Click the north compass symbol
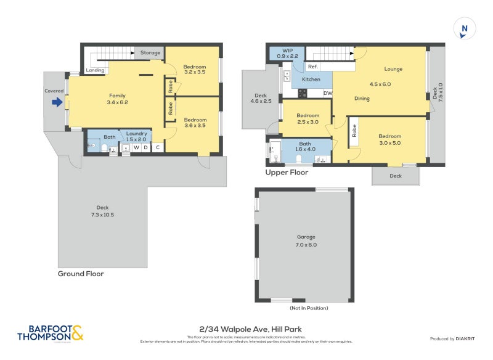point(465,28)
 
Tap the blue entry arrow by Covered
point(57,102)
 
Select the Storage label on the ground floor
point(150,53)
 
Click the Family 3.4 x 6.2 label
point(117,99)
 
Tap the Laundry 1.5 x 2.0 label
point(136,136)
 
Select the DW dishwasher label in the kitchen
point(327,94)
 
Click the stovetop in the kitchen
point(303,94)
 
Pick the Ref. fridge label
point(312,67)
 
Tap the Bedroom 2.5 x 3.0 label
point(308,119)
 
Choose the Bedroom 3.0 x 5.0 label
point(389,140)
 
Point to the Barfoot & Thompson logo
point(51,333)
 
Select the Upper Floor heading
point(287,173)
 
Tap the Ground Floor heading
point(81,274)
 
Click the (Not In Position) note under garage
point(309,308)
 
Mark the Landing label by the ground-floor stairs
point(95,70)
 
